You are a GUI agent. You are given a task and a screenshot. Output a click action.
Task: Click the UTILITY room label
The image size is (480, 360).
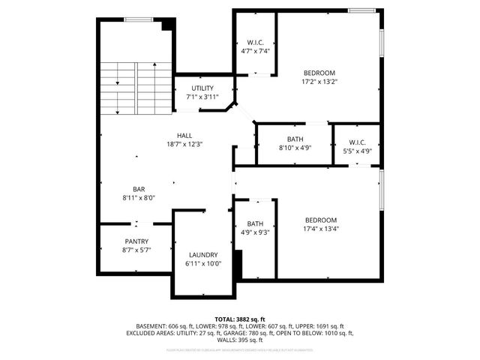coord(203,88)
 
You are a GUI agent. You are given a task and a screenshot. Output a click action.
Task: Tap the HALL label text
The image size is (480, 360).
coord(184,136)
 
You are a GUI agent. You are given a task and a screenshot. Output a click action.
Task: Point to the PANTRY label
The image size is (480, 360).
coord(136,241)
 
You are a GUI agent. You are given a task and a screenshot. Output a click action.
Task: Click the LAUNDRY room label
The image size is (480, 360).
coord(203,255)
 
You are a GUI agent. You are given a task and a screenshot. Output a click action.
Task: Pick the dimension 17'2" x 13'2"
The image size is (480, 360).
coord(319,82)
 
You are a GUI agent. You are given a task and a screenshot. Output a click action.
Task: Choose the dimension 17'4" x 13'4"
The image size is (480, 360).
coord(320,229)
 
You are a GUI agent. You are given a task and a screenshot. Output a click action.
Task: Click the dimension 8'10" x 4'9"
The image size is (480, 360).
coord(295,148)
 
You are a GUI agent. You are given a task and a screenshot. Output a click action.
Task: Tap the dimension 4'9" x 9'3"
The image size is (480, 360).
coord(256,232)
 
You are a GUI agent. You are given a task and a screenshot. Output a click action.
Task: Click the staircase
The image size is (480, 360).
coord(136,87)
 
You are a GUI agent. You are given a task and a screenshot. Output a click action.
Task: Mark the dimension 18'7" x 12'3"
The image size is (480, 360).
coord(184,144)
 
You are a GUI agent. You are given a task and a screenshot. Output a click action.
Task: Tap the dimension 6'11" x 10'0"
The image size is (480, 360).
coord(203,264)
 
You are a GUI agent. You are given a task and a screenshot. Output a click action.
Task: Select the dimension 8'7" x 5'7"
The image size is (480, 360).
coord(136,250)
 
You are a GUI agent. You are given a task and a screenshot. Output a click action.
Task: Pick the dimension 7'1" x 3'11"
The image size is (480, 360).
coord(203,97)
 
